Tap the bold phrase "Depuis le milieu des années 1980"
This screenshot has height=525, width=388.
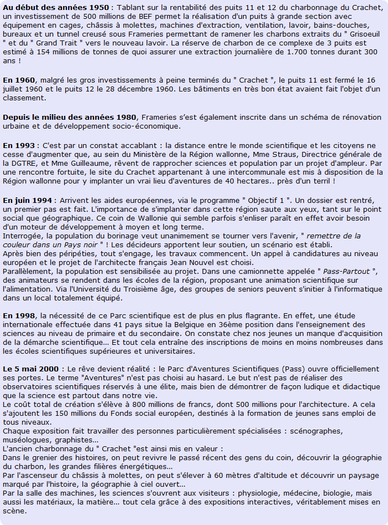(x=70, y=117)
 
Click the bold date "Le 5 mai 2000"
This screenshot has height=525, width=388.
(x=32, y=369)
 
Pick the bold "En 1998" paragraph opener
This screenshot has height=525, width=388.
(x=19, y=315)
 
